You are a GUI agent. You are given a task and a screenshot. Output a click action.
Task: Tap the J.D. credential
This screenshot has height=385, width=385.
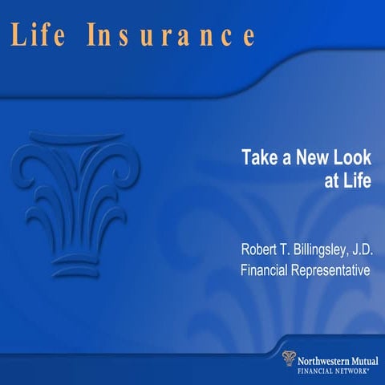359,249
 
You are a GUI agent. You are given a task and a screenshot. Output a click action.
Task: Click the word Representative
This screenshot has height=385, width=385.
333,270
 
